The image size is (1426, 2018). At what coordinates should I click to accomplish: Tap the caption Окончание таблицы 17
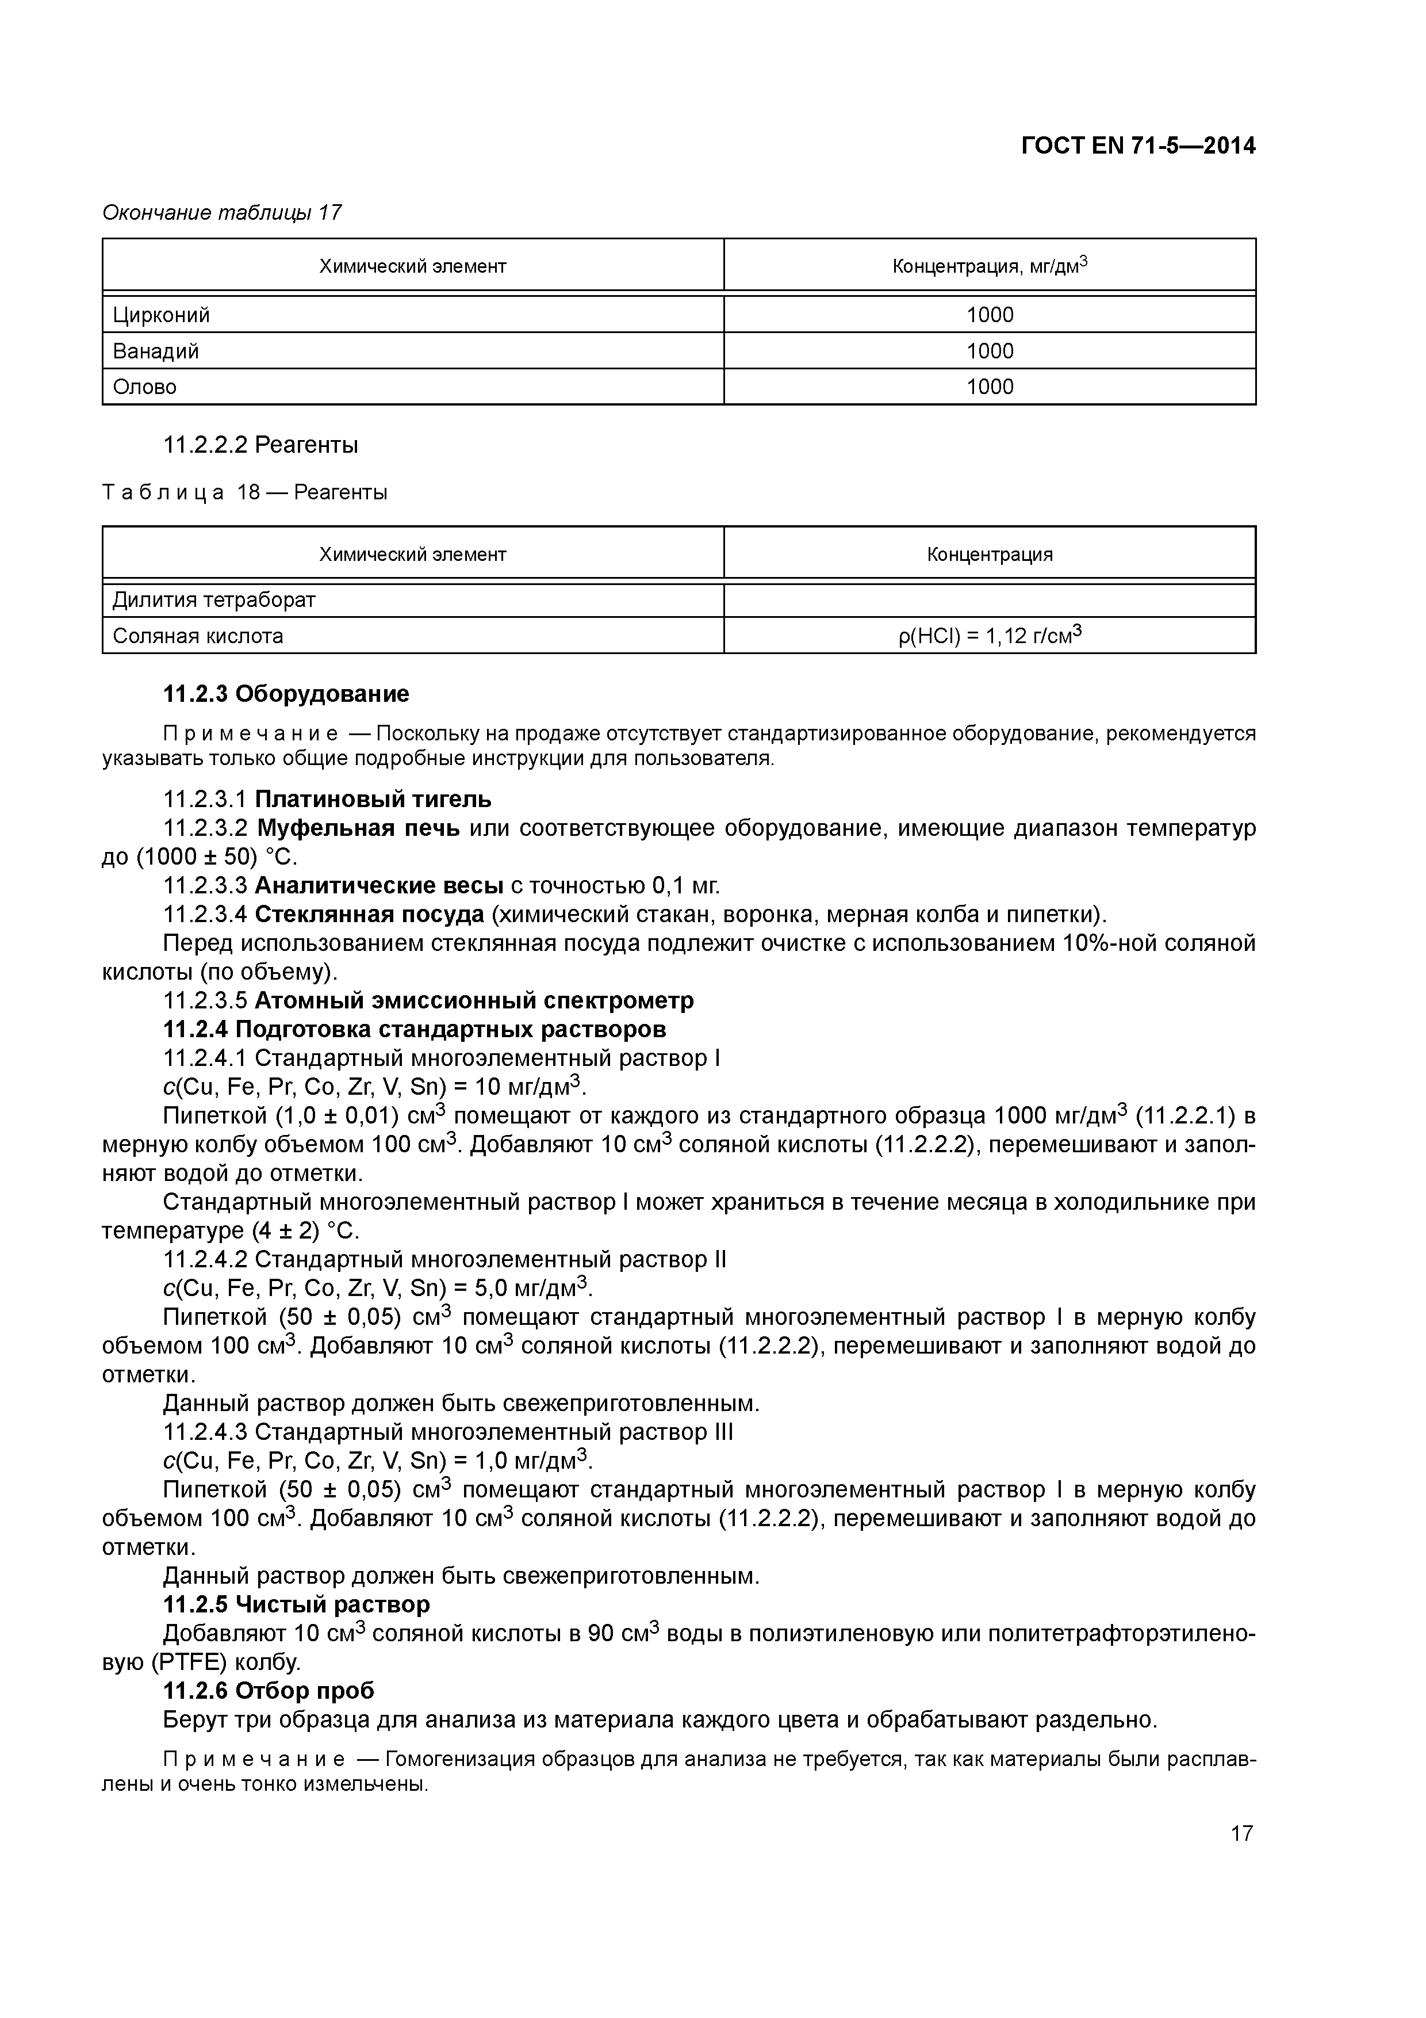point(221,213)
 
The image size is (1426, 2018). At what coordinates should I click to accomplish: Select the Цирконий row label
point(162,315)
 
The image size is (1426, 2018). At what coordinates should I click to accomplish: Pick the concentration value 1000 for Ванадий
point(990,351)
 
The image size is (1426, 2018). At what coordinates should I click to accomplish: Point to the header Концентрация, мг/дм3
point(990,265)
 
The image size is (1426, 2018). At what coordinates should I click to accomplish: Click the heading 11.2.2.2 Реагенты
point(261,446)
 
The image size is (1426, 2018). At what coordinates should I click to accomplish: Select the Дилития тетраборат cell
point(213,601)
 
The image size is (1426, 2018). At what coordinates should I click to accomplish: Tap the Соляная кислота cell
point(198,636)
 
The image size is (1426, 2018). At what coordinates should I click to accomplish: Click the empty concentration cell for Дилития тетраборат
point(990,601)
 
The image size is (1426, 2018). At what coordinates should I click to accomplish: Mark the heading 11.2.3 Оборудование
point(286,694)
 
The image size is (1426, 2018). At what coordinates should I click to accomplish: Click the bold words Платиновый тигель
point(373,799)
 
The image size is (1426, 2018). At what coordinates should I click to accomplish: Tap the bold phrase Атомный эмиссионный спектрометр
point(474,1000)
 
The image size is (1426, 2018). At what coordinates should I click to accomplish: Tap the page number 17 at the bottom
point(1241,1833)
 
